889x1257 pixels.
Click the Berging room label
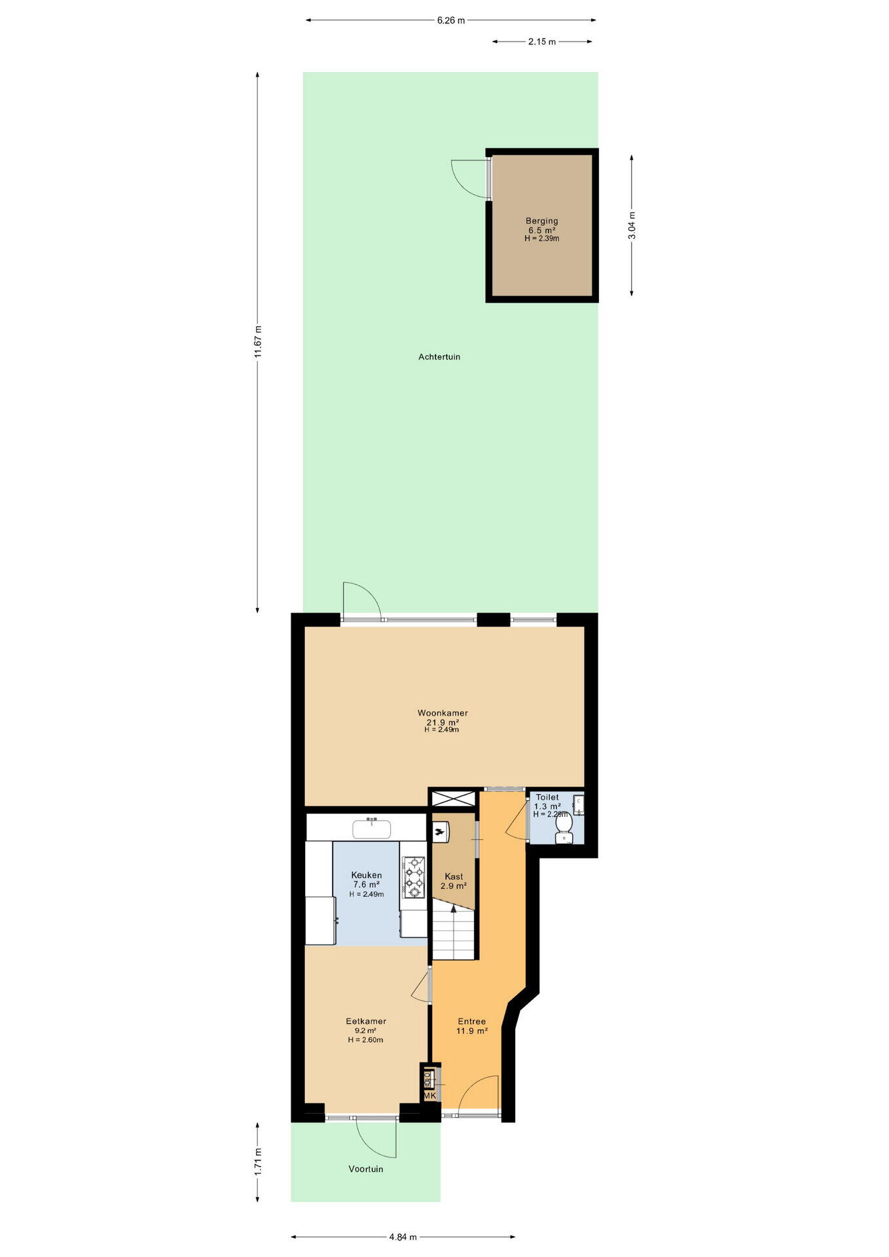[541, 221]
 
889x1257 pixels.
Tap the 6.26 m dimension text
[451, 20]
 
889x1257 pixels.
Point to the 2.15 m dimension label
[542, 42]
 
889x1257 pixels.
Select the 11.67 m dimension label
[258, 341]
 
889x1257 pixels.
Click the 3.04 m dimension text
[632, 225]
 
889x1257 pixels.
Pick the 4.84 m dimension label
[403, 1237]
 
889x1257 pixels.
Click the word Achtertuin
[439, 357]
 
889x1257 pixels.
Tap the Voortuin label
[366, 1169]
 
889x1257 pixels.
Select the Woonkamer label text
[443, 713]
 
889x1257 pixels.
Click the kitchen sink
[372, 829]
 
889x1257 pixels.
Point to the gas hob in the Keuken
[414, 877]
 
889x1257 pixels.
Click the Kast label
[454, 876]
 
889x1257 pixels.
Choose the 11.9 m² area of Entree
[472, 1030]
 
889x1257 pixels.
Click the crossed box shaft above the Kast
[453, 799]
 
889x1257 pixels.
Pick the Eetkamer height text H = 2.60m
[365, 1040]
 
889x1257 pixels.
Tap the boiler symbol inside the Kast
[441, 831]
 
